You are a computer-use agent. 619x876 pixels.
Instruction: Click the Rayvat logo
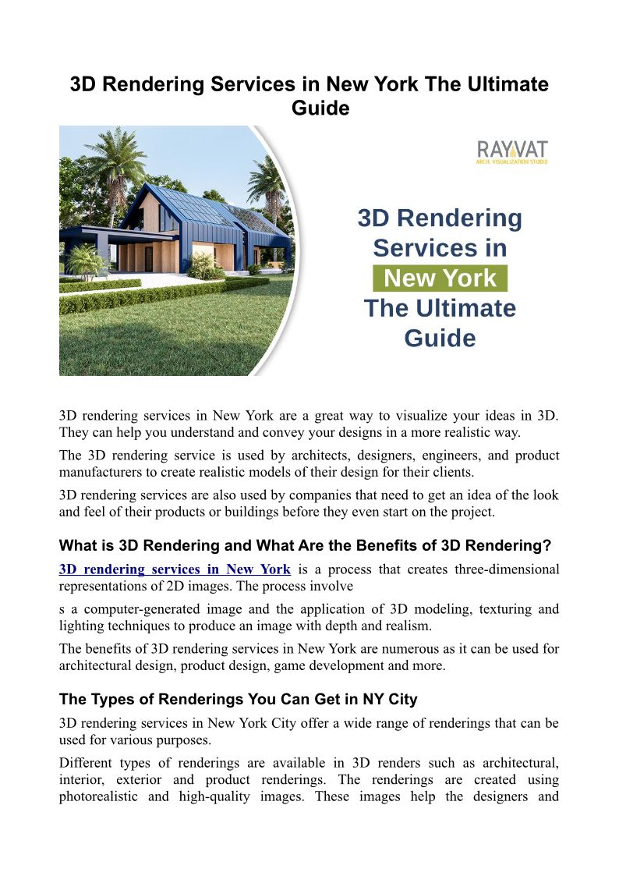pyautogui.click(x=511, y=151)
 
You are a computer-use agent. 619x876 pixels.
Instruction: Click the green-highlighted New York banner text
pyautogui.click(x=440, y=278)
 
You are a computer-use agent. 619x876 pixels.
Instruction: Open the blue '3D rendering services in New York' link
pyautogui.click(x=175, y=569)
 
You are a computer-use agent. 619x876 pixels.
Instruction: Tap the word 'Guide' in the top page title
pyautogui.click(x=320, y=108)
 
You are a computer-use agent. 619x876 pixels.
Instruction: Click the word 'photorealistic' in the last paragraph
pyautogui.click(x=100, y=797)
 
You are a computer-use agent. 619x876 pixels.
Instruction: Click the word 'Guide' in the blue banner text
pyautogui.click(x=440, y=338)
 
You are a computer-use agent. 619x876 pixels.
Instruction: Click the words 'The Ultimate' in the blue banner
pyautogui.click(x=440, y=308)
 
